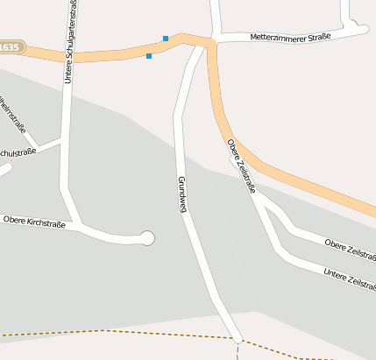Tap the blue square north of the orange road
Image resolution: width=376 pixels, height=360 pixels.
166,39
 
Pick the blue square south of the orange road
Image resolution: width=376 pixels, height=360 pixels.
149,56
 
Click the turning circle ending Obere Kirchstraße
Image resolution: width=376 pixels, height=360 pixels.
147,237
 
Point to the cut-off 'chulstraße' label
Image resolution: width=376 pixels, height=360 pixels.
18,152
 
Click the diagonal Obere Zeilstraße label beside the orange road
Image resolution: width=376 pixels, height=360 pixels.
242,165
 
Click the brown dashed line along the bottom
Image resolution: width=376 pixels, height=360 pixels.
105,332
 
